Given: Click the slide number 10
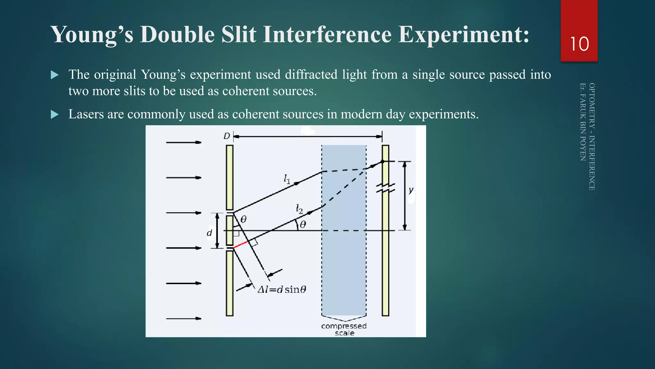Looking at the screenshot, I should click(579, 44).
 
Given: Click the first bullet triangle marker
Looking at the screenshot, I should click(55, 75).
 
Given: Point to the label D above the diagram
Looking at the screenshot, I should click(226, 136).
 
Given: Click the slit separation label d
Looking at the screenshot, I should click(209, 233).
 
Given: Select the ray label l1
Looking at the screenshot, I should click(287, 179).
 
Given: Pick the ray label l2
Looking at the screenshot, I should click(299, 209).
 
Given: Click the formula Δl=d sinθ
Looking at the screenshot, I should click(282, 290).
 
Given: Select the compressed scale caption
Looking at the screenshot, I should click(344, 329).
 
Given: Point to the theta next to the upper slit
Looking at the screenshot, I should click(243, 219).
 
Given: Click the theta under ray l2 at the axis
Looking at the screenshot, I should click(303, 225).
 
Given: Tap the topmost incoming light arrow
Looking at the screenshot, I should click(183, 142).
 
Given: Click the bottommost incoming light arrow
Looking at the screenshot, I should click(183, 318).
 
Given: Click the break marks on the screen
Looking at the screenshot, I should click(385, 188).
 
